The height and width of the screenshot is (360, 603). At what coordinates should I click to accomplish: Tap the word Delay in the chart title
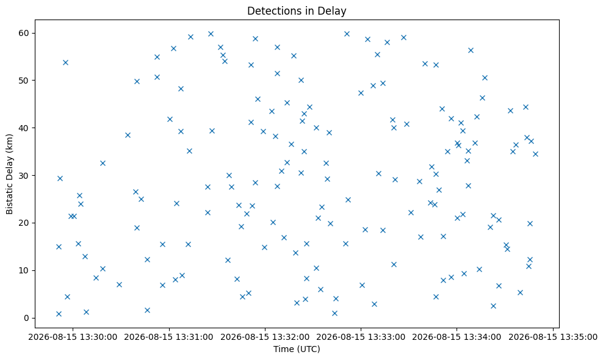coord(334,11)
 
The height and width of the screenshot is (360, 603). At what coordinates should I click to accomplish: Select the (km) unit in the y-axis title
coord(9,143)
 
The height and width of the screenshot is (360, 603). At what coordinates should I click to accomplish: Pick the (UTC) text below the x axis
coord(308,349)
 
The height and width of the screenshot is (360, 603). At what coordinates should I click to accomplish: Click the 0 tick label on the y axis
coord(26,318)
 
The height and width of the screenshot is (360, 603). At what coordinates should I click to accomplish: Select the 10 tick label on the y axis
coord(24,270)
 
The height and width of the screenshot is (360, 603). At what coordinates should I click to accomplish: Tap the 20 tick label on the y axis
coord(24,223)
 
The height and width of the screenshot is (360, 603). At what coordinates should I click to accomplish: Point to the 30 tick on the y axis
coord(24,175)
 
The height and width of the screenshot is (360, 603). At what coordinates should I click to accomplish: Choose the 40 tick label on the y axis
coord(24,128)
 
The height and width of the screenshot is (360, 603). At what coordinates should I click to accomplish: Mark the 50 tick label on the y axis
coord(24,81)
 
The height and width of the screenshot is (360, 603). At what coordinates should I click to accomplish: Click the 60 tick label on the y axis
coord(24,33)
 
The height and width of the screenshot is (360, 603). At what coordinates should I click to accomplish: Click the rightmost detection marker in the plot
coord(535,154)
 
